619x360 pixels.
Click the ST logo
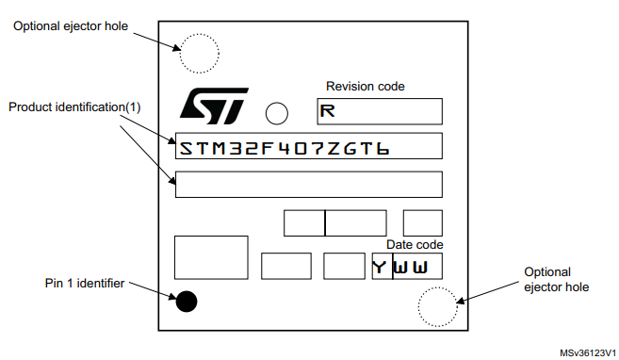(x=213, y=106)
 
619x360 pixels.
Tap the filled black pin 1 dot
(x=187, y=302)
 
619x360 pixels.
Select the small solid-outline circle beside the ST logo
(x=277, y=114)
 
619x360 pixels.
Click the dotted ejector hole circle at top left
(x=199, y=53)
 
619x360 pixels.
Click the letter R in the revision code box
(x=327, y=112)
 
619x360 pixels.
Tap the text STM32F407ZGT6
(x=285, y=147)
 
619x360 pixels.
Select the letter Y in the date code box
(x=379, y=267)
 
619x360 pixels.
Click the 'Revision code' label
(x=366, y=87)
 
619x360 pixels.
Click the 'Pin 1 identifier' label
(x=84, y=283)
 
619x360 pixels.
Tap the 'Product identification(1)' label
(x=74, y=106)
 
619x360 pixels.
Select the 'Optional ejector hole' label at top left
(x=71, y=25)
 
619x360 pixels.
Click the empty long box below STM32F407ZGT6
(x=308, y=184)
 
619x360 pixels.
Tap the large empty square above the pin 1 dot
(x=211, y=257)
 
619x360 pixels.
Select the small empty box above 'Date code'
(x=422, y=222)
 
